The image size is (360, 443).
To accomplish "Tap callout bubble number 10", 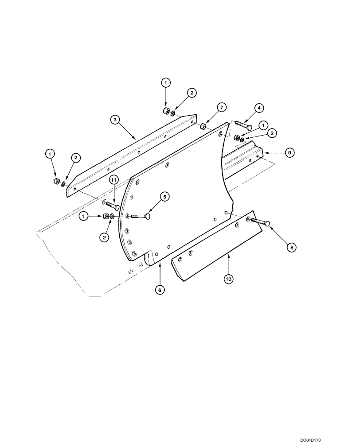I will [229, 279].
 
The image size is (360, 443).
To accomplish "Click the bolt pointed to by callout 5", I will [141, 216].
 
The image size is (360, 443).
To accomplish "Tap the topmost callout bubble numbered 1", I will [165, 82].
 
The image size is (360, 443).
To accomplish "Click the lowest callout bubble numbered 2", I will [105, 237].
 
